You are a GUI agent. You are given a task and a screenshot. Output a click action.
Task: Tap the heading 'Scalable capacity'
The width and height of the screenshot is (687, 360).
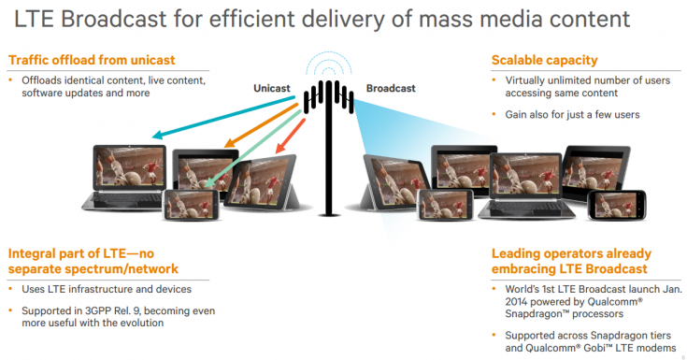click(544, 61)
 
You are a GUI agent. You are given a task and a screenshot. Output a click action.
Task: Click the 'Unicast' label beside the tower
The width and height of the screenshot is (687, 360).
click(273, 88)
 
